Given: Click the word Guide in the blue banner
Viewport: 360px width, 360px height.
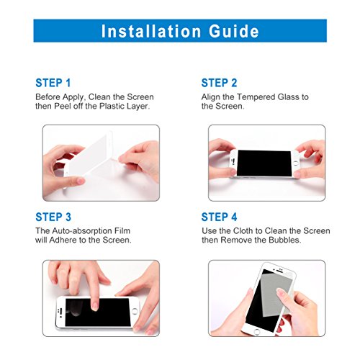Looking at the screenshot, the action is click(234, 31).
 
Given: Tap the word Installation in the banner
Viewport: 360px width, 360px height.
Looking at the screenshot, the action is click(151, 31).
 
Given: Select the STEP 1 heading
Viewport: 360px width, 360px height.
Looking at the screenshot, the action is click(53, 83).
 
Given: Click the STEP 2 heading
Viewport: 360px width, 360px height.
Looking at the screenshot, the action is click(219, 83).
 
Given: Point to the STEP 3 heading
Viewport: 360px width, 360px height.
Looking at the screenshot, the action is click(53, 217).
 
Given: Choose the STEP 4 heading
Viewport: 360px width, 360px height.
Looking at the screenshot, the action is click(219, 217).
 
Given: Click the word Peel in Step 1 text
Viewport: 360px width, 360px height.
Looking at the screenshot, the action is click(63, 106).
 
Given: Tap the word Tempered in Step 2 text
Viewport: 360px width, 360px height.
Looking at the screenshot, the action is click(256, 97).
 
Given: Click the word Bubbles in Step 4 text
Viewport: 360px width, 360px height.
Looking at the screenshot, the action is click(284, 240).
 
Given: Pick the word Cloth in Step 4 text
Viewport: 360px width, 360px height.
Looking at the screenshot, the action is click(243, 231).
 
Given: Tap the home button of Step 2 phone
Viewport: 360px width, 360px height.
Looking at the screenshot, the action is click(296, 163).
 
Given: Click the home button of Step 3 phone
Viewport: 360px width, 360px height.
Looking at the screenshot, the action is click(135, 311).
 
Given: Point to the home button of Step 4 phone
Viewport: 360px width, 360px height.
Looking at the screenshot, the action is click(257, 332).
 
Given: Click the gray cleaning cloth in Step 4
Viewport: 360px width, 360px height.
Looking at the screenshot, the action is click(276, 294).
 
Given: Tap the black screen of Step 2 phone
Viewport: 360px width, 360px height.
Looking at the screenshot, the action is click(264, 163).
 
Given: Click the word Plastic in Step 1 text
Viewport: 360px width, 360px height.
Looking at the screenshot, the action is click(112, 106).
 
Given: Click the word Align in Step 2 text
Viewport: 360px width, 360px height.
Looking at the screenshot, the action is click(210, 97).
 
